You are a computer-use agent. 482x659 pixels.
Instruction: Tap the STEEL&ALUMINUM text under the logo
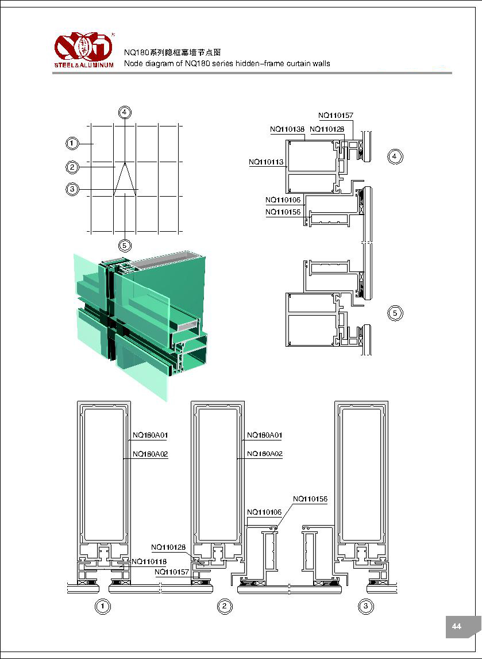84,64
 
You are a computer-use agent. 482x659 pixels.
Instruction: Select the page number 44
457,626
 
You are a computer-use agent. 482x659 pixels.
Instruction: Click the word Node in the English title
133,63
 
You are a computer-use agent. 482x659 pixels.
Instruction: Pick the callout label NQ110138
287,129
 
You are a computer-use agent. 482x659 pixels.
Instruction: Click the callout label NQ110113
266,162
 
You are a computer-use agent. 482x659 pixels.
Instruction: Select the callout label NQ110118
149,561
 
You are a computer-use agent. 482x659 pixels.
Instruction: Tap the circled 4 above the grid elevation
125,112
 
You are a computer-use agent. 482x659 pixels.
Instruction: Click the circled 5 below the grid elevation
125,246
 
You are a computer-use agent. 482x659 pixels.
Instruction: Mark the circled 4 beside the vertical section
395,156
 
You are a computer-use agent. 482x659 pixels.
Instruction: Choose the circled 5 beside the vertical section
395,313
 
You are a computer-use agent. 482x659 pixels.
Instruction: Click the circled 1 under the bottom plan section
102,606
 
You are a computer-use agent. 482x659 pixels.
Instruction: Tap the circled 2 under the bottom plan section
225,606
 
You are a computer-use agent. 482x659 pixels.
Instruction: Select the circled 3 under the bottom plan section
365,606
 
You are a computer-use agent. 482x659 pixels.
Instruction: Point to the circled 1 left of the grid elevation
72,143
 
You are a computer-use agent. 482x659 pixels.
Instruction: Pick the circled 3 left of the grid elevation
72,189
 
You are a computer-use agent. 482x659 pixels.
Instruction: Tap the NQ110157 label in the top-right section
336,116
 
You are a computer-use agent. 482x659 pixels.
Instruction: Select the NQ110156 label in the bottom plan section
310,499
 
